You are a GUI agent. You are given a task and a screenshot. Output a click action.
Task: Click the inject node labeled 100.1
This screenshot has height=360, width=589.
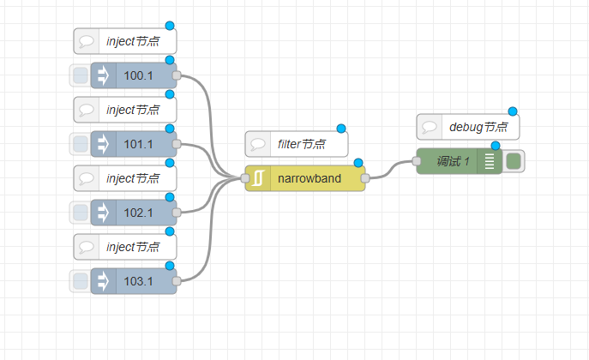(134, 75)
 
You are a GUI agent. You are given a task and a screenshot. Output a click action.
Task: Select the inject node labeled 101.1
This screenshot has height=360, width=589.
(134, 144)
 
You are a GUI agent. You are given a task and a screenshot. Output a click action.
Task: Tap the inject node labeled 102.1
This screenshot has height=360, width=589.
(134, 213)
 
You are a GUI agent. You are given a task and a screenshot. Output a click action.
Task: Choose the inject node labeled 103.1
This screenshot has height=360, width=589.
(134, 281)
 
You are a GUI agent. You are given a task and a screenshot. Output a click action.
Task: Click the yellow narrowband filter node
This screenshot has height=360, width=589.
(305, 178)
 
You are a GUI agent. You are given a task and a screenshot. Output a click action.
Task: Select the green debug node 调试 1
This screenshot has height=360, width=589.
(459, 161)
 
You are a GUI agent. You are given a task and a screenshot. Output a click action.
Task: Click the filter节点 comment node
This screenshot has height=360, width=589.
(297, 144)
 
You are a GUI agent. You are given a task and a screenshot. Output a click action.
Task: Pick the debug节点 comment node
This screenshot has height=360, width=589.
(468, 127)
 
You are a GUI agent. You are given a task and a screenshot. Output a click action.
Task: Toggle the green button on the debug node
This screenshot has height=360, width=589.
(514, 161)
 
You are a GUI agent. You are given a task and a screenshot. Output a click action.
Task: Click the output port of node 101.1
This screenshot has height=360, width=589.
(177, 144)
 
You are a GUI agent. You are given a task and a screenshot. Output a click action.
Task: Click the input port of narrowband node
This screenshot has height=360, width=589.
(245, 178)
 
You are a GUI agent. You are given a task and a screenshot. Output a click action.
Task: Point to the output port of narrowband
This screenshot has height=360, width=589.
(365, 178)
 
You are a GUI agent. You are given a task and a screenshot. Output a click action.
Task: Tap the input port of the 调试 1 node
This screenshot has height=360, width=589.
(417, 161)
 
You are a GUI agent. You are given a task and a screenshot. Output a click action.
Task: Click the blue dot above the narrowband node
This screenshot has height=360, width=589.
(358, 163)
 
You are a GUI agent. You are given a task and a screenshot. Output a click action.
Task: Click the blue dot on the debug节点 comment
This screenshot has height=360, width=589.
(513, 111)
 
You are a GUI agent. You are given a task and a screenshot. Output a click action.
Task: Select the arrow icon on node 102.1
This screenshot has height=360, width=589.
(103, 213)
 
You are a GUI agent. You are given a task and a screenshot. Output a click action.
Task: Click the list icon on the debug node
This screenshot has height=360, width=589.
(490, 161)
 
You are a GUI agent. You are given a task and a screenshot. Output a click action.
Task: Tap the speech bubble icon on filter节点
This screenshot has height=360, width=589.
(258, 144)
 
